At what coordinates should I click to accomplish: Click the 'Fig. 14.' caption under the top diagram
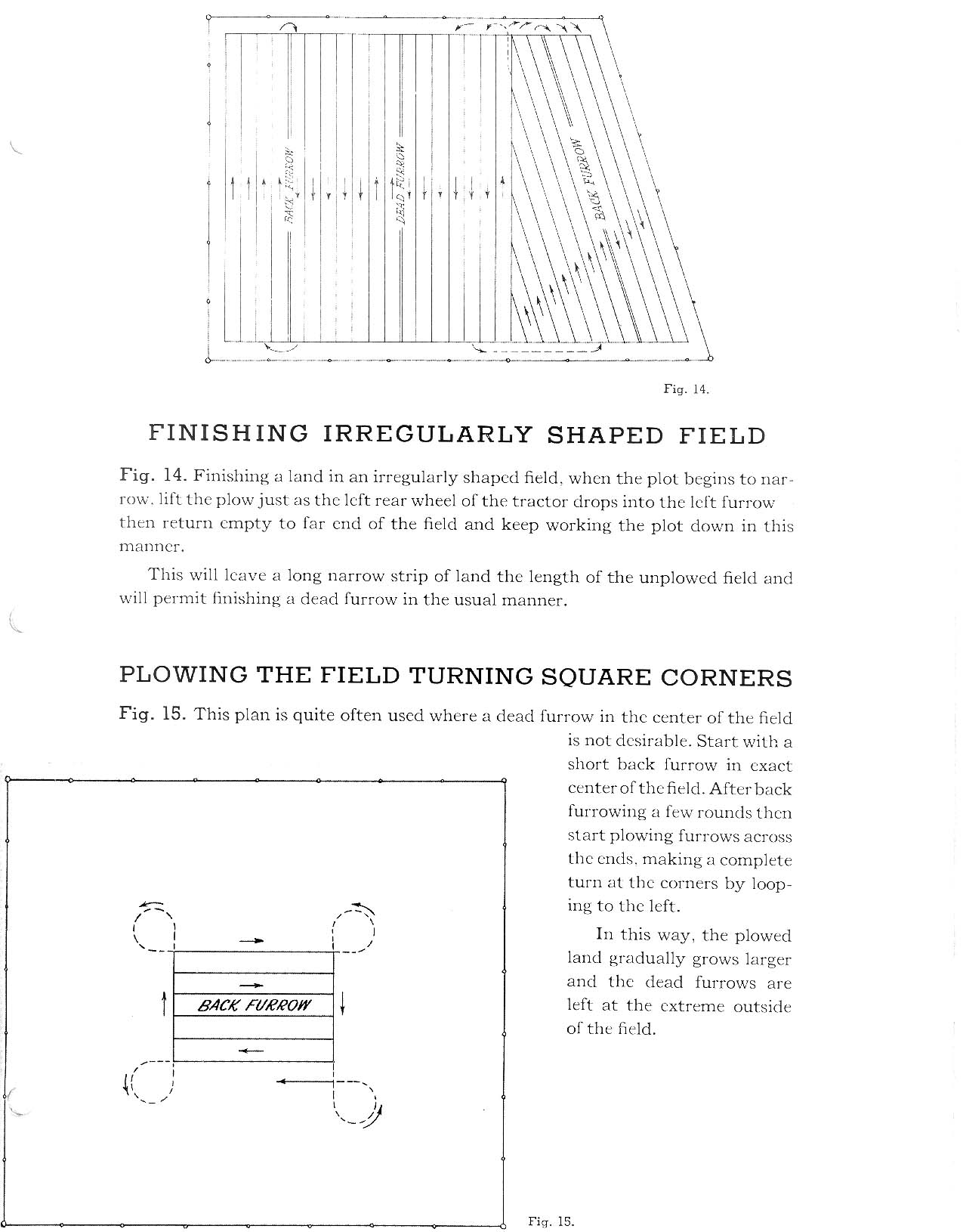point(686,389)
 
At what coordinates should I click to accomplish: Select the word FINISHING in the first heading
point(229,433)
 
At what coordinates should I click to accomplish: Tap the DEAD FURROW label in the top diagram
point(402,185)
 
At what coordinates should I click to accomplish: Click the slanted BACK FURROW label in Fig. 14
point(588,178)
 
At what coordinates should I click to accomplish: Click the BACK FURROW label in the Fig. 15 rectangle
point(254,1005)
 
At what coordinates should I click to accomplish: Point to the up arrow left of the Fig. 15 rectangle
point(164,1004)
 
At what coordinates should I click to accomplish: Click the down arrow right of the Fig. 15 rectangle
point(344,1003)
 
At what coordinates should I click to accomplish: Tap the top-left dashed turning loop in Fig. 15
point(153,927)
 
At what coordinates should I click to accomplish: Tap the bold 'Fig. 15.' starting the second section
point(153,714)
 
